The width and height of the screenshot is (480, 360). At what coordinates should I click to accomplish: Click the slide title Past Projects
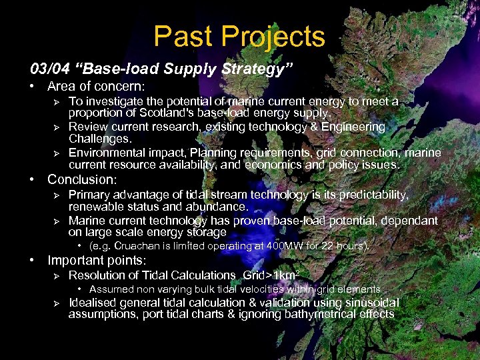(239, 37)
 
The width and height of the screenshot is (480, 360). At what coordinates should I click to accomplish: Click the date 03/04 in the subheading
(46, 69)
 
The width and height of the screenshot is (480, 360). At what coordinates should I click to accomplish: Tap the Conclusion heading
(81, 179)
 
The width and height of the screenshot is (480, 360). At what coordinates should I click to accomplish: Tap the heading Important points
(95, 260)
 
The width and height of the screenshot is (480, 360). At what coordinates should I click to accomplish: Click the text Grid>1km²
(273, 275)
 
